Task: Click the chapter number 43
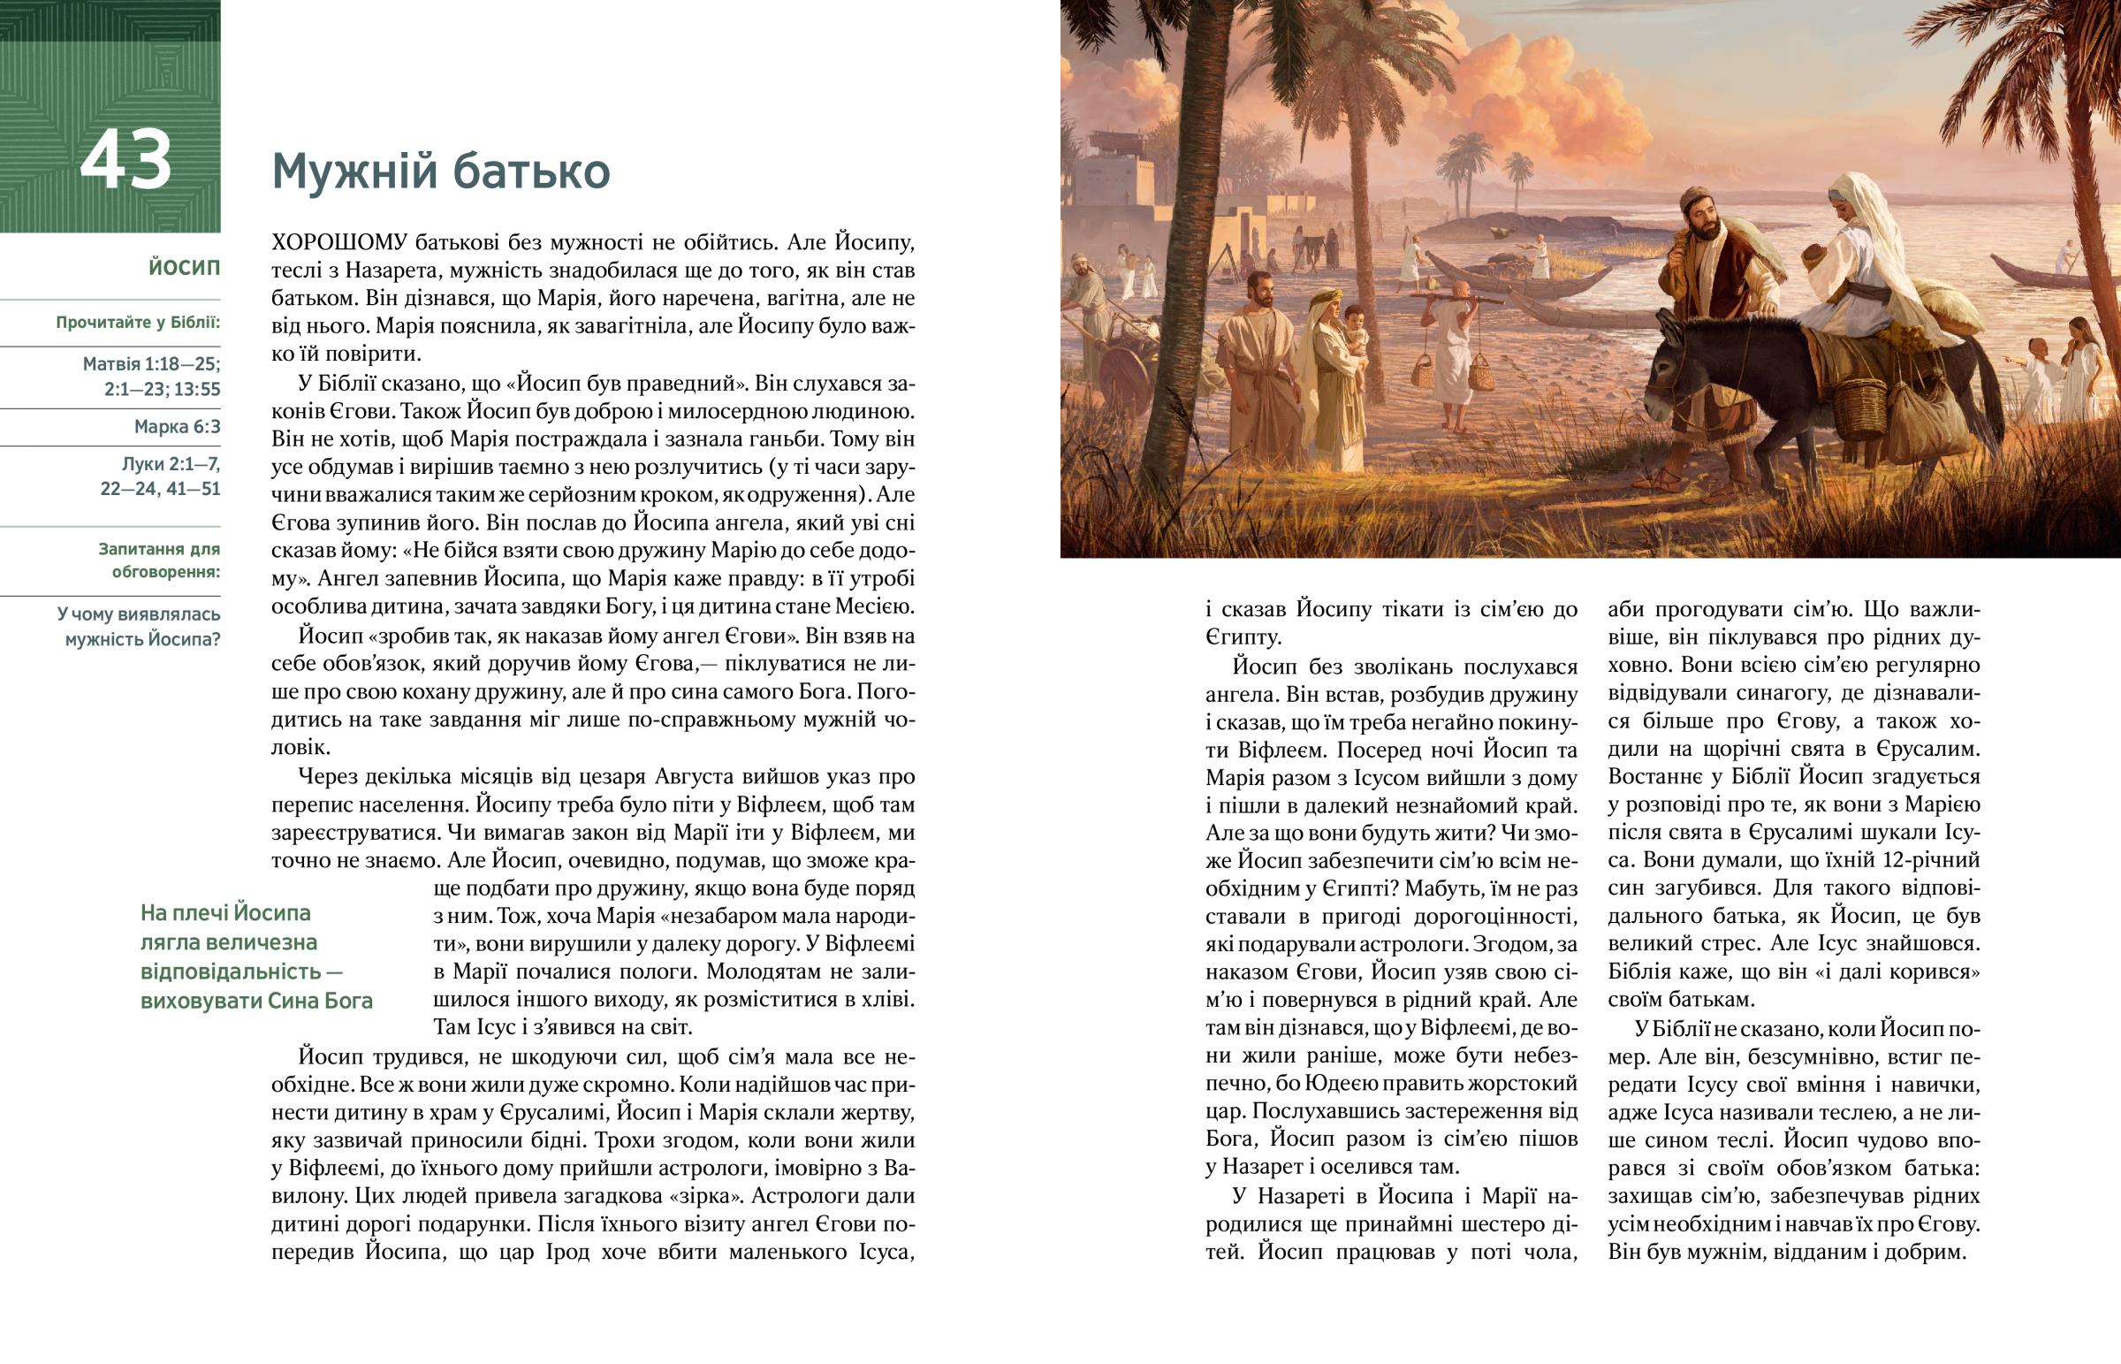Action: pyautogui.click(x=125, y=162)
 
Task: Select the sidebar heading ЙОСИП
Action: pyautogui.click(x=184, y=268)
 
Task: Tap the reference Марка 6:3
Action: pyautogui.click(x=177, y=427)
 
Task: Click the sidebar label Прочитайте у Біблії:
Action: pyautogui.click(x=138, y=323)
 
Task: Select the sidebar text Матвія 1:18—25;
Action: pyautogui.click(x=151, y=364)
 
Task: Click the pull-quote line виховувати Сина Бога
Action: pyautogui.click(x=256, y=1001)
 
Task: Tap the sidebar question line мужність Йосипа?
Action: pyautogui.click(x=142, y=638)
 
